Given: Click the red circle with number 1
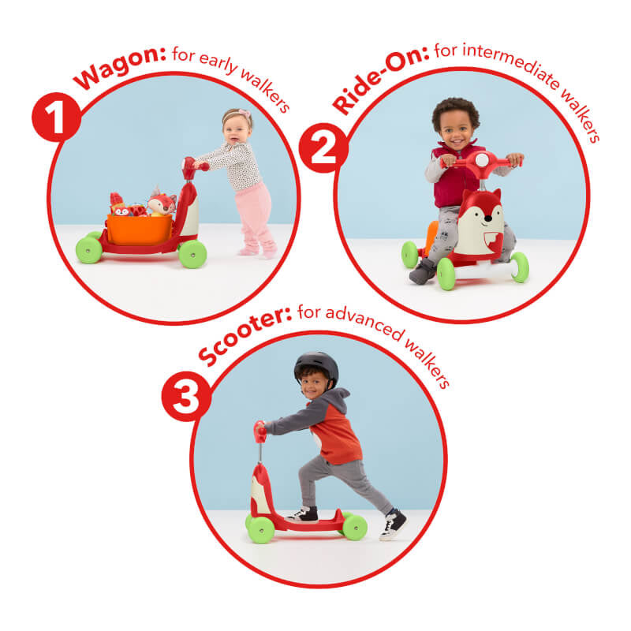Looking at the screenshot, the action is [56, 117].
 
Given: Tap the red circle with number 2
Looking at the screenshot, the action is [323, 147].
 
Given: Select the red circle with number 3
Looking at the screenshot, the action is [186, 397].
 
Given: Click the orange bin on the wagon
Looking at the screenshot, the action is [140, 230].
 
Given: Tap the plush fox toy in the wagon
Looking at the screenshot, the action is [162, 201].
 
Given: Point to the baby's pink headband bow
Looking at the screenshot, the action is [244, 114].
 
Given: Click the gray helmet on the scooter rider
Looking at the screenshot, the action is [316, 367].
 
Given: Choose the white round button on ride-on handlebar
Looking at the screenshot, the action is [482, 160].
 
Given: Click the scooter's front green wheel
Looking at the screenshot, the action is [261, 529].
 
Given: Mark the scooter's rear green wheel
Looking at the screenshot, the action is [354, 527].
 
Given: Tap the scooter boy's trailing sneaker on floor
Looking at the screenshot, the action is [393, 525].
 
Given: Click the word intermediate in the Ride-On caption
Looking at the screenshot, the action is [511, 65].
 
